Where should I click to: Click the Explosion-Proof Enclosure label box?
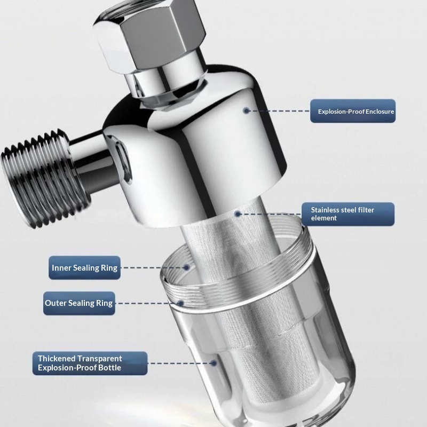[x=353, y=111]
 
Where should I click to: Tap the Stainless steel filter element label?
[x=348, y=214]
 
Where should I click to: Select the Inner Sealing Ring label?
[x=84, y=268]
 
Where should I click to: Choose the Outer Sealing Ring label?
[x=79, y=303]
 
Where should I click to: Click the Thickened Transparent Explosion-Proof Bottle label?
[x=90, y=363]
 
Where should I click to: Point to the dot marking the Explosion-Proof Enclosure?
[x=246, y=110]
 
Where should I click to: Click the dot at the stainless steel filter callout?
[x=238, y=214]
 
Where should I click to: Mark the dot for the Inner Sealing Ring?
[x=186, y=267]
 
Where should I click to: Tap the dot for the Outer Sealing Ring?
[x=181, y=303]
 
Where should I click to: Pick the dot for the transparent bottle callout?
[x=214, y=363]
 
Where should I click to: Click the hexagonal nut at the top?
[x=149, y=35]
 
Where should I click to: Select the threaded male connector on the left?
[x=45, y=178]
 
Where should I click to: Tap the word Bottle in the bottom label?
[x=110, y=368]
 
